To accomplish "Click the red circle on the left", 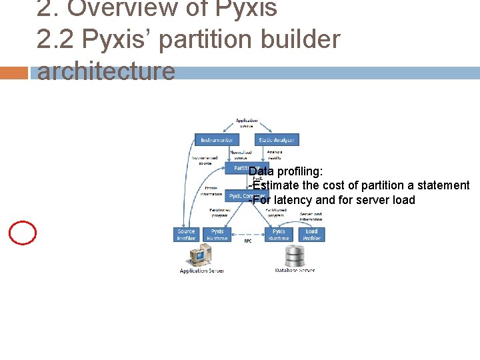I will (23, 232).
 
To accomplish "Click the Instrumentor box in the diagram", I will (217, 140).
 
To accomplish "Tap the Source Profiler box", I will (187, 235).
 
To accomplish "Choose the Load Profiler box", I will (311, 235).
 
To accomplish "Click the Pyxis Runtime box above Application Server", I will (217, 235).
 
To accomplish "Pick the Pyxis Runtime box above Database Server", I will (279, 235).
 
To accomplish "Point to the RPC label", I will (247, 241).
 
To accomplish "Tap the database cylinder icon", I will (295, 255).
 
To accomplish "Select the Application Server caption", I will (201, 271).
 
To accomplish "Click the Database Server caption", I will (295, 270).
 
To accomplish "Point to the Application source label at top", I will (247, 123).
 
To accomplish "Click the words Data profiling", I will (286, 172).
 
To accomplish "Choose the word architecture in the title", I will (106, 71).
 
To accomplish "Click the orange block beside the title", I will (14, 73).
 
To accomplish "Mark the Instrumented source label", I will (205, 161).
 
